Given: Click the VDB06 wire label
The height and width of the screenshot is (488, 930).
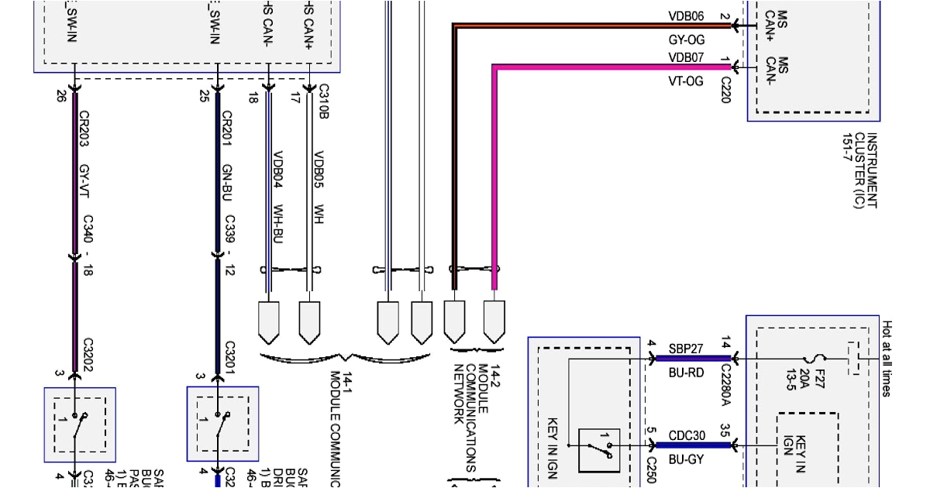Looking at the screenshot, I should click(x=686, y=15).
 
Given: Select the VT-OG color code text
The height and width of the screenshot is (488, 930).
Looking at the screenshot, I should click(x=686, y=81).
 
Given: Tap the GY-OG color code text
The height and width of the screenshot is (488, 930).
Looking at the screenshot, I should click(x=686, y=39).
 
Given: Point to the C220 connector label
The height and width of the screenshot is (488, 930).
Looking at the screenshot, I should click(x=725, y=90).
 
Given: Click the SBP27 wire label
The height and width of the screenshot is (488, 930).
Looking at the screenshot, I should click(x=686, y=348).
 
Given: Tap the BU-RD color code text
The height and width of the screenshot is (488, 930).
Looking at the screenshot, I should click(x=686, y=372).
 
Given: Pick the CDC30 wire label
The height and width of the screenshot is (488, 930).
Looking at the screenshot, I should click(x=686, y=435).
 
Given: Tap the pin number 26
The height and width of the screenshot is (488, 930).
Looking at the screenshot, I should click(x=60, y=98).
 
